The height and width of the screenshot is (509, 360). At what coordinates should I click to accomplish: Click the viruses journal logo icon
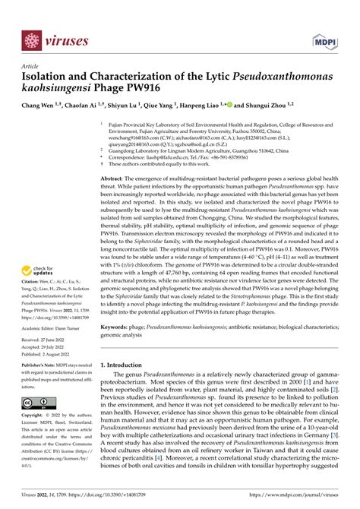31,40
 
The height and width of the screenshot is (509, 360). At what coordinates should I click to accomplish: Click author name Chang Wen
41,108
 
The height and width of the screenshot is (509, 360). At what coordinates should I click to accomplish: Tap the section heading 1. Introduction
127,364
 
